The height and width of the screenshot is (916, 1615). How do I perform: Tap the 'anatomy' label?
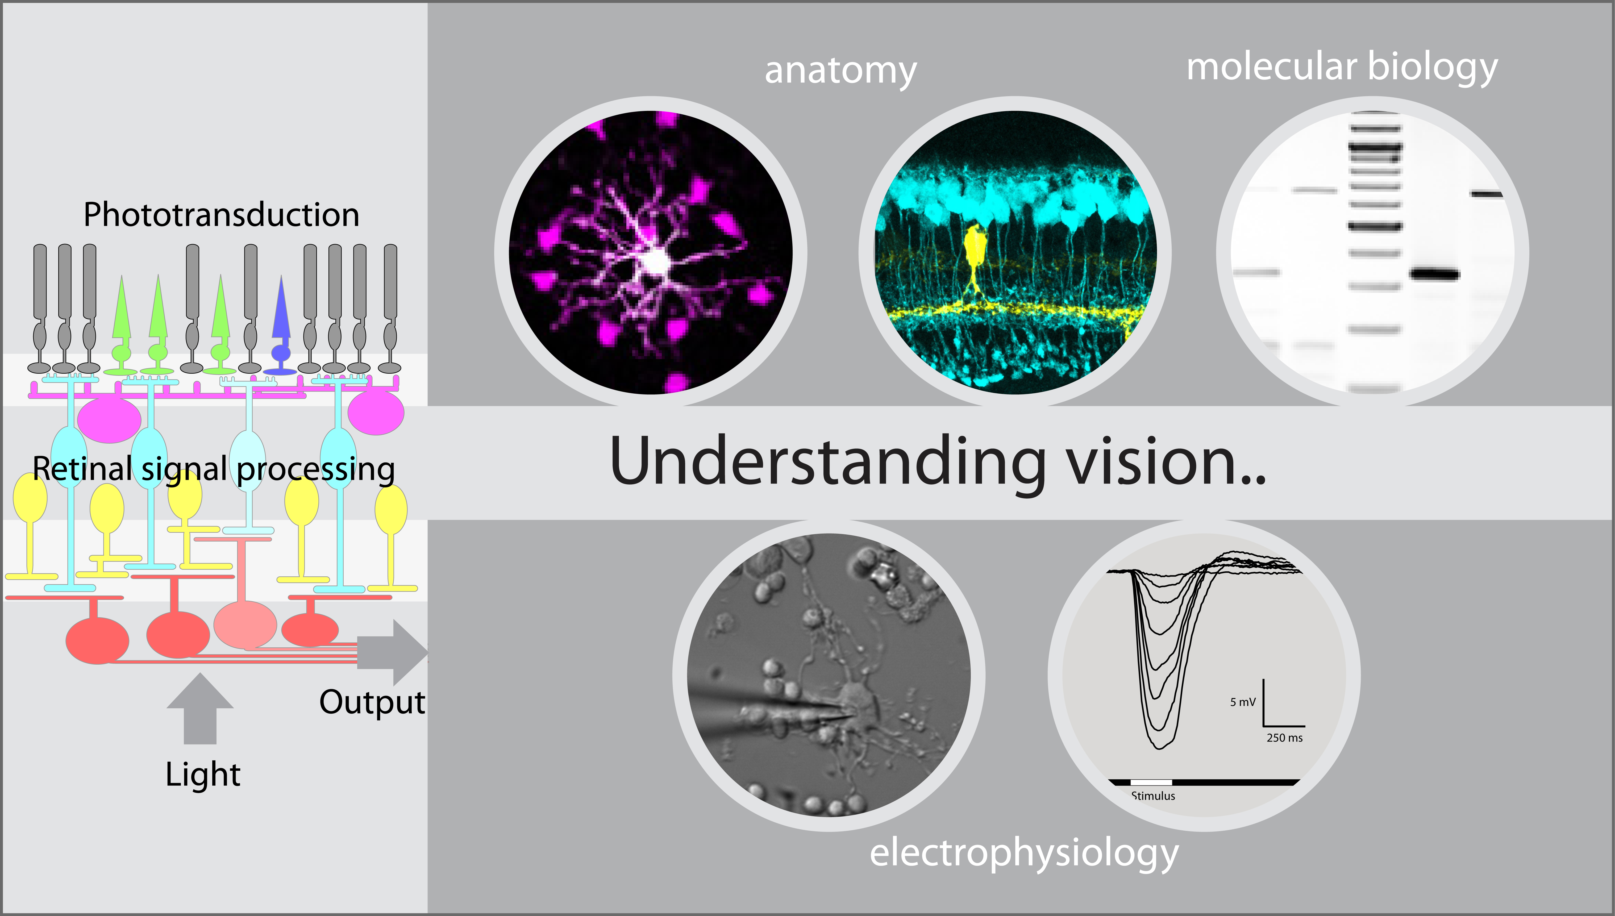coord(840,71)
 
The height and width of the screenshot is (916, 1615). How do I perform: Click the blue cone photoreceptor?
coord(281,326)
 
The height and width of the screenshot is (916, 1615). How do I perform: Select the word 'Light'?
coord(203,775)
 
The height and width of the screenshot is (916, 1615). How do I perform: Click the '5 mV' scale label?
coord(1243,702)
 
